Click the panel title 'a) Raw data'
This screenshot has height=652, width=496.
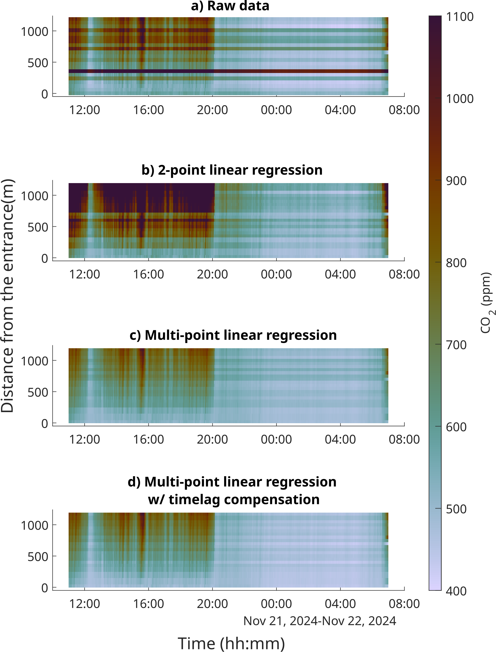click(x=230, y=6)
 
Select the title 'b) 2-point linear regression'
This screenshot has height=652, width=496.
click(x=232, y=170)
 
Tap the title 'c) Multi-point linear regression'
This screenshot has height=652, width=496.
click(x=233, y=335)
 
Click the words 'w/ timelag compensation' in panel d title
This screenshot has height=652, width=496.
click(x=233, y=499)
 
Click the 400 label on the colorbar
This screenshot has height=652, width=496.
click(x=456, y=591)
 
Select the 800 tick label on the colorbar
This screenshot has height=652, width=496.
click(x=456, y=263)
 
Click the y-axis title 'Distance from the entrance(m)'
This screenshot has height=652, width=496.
click(x=7, y=295)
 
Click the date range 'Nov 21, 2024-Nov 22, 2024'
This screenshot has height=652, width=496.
click(x=320, y=621)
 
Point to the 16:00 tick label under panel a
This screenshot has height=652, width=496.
click(x=148, y=110)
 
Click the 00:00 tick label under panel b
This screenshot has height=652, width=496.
click(x=276, y=275)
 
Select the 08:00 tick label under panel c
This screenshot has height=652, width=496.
click(x=404, y=439)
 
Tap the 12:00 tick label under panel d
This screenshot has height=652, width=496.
click(x=85, y=604)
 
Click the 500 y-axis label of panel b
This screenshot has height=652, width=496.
click(x=38, y=227)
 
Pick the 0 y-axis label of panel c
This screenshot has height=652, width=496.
click(x=44, y=423)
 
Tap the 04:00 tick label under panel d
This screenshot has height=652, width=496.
click(x=340, y=604)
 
